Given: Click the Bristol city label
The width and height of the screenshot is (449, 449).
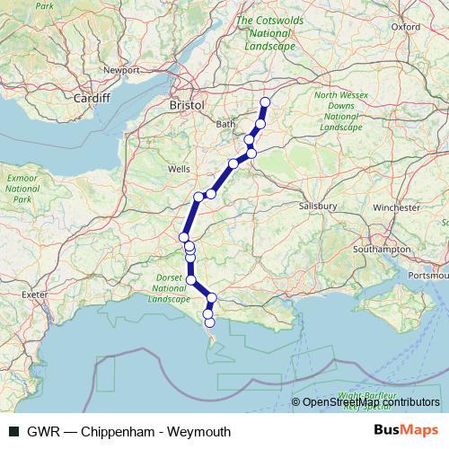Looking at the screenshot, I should pyautogui.click(x=187, y=105).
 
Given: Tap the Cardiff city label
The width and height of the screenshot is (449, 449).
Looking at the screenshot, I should pyautogui.click(x=92, y=98).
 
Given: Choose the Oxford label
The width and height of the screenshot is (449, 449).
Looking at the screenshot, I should pyautogui.click(x=405, y=27).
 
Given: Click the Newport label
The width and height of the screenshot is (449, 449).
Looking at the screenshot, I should pyautogui.click(x=121, y=69).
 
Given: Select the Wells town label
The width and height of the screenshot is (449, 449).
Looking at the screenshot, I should pyautogui.click(x=178, y=169).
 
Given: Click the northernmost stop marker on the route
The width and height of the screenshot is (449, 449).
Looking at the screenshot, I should pyautogui.click(x=265, y=102).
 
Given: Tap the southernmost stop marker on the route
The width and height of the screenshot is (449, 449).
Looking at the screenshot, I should pyautogui.click(x=209, y=322).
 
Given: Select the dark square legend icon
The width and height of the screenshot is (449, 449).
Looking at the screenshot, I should pyautogui.click(x=13, y=432).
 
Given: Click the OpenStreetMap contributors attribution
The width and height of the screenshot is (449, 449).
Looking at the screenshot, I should pyautogui.click(x=371, y=402).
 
